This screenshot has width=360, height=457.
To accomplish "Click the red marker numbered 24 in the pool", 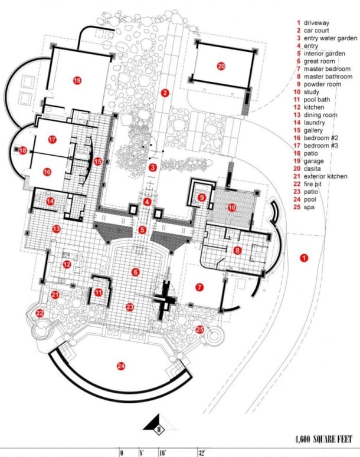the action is pos(121,366).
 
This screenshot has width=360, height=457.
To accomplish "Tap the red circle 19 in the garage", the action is pos(77,80).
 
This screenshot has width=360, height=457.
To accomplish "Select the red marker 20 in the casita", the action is pos(221,66).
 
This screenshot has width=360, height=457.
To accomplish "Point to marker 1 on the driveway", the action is pos(304,258).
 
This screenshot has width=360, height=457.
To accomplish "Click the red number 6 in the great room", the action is pos(135,272).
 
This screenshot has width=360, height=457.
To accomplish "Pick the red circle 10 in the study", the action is pos(232,208).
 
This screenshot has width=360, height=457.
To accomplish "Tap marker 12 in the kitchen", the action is pos(67,264).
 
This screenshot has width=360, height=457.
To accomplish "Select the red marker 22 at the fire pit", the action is pos(40,314).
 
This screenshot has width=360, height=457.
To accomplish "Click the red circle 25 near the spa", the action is pos(200,330).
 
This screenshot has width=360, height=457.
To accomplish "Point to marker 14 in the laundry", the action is pos(51,201).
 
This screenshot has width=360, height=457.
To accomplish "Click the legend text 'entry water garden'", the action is pos(330,38).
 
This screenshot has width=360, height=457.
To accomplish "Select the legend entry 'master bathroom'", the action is pos(328,77).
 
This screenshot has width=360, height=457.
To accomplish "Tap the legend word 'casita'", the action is pos(312,169).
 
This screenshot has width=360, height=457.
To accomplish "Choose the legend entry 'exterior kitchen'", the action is pos(326,176).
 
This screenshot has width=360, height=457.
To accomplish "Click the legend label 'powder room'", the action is pos(322,84).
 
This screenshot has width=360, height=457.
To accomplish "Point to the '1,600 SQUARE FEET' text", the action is pos(324,439).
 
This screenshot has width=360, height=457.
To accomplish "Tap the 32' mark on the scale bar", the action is pos(202,453).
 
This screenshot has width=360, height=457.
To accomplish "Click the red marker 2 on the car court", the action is pos(165,93).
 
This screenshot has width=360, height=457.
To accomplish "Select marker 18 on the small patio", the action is pos(23,151).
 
